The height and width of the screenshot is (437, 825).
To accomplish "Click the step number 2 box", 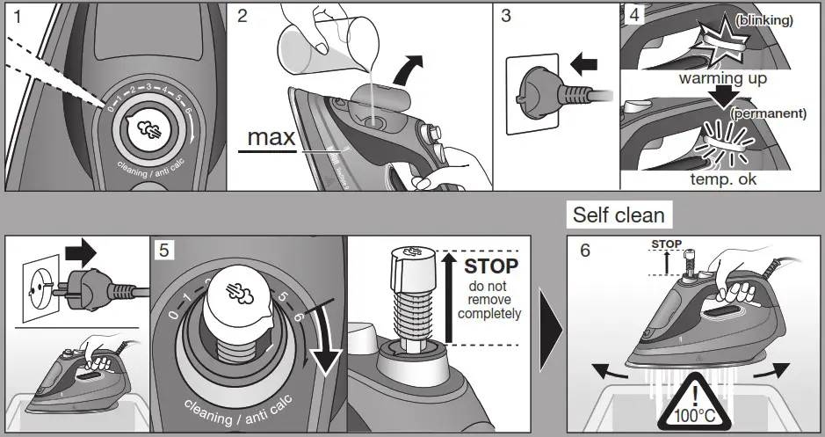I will tap(243, 15).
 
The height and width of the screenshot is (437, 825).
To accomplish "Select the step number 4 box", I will tap(633, 15).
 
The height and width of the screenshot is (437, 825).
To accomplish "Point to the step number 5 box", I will tap(163, 250).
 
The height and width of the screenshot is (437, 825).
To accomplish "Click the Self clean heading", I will tap(619, 215).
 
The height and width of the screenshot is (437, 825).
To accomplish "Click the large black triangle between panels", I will tap(551, 331).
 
